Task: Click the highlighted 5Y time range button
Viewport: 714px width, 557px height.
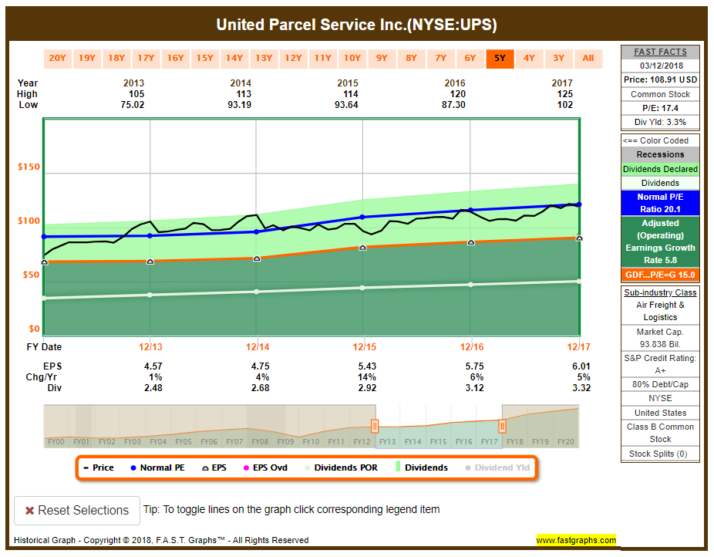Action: [x=500, y=58]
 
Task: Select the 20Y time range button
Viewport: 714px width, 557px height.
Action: [x=57, y=58]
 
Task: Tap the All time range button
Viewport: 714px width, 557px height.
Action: [x=588, y=58]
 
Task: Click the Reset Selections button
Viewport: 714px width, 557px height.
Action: [x=77, y=511]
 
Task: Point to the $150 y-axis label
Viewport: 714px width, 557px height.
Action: [x=29, y=167]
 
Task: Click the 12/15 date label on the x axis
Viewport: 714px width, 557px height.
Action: [x=363, y=347]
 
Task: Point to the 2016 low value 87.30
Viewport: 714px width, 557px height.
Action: [x=454, y=105]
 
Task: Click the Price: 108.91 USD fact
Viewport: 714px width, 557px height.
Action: [x=660, y=79]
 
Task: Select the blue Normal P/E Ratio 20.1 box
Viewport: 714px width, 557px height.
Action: [x=660, y=203]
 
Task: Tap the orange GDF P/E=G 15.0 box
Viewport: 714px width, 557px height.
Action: [x=660, y=275]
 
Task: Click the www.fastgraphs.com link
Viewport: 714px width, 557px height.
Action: [x=576, y=540]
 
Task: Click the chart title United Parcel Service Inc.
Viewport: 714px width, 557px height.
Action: [x=356, y=25]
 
